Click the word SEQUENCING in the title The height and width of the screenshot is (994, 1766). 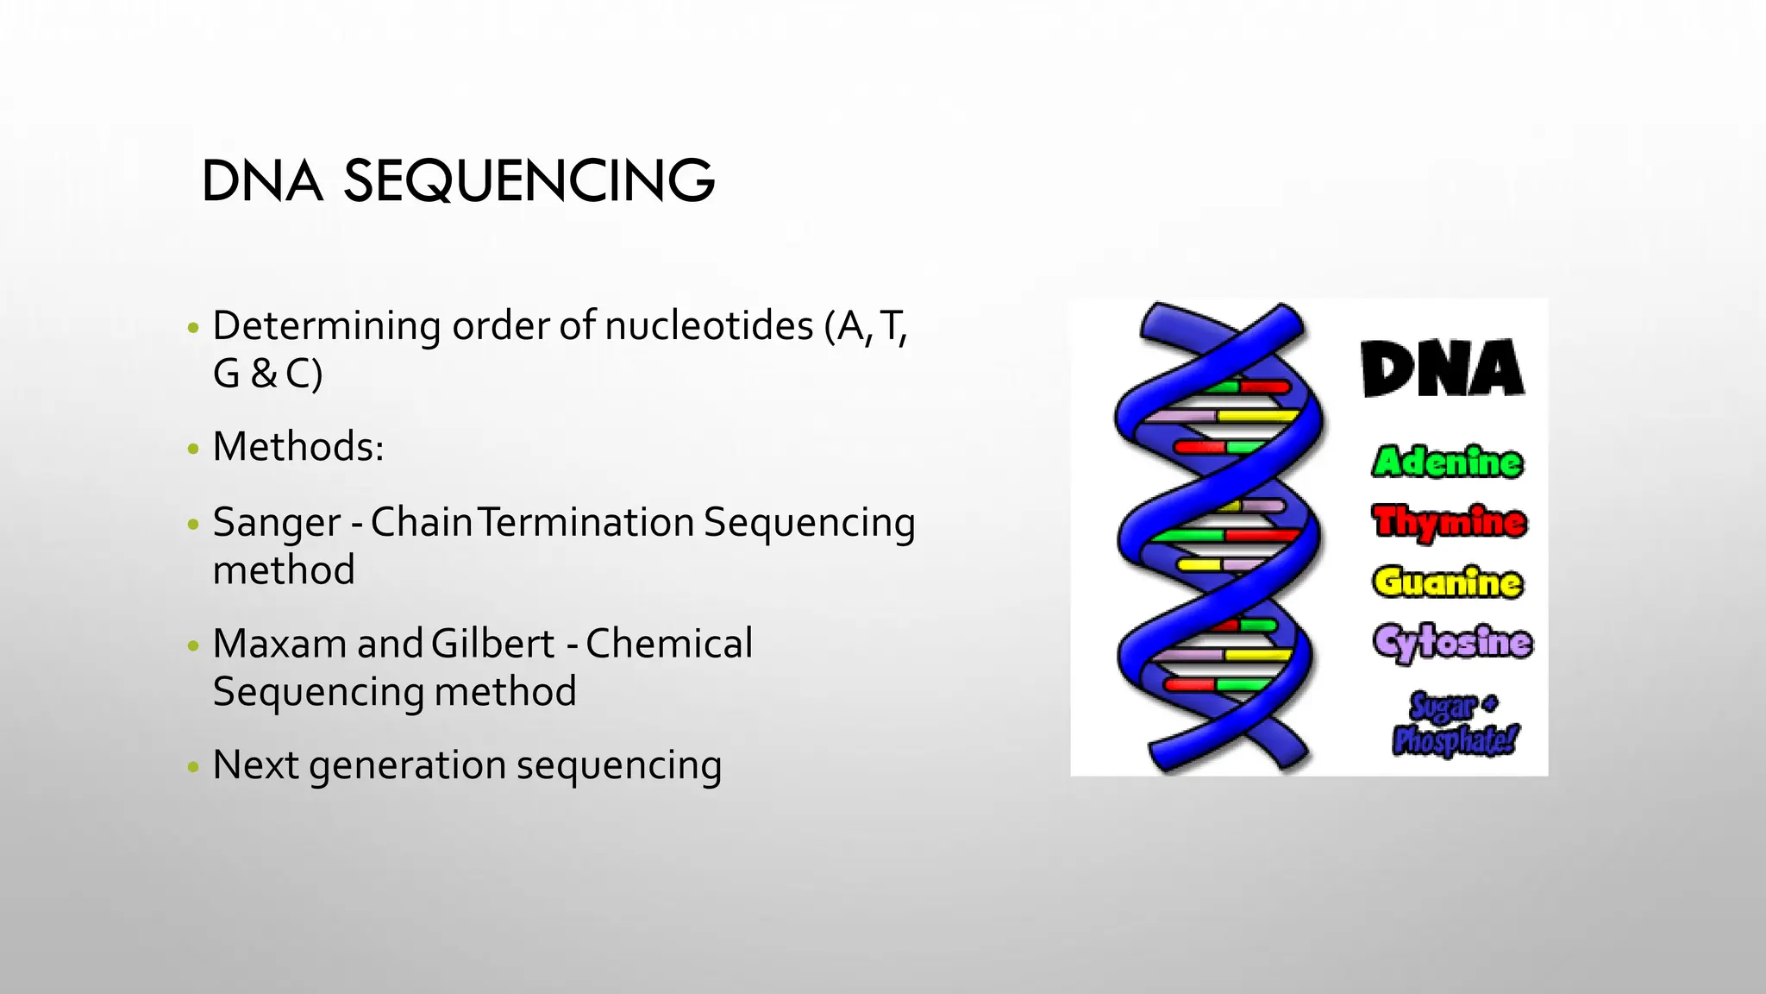point(529,182)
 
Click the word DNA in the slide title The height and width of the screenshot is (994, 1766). point(261,182)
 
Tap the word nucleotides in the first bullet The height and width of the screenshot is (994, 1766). point(708,326)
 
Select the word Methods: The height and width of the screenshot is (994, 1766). point(297,447)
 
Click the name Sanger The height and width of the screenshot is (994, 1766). point(276,523)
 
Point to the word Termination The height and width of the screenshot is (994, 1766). point(586,523)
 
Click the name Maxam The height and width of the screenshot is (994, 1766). point(279,644)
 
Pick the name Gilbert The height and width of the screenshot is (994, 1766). point(492,644)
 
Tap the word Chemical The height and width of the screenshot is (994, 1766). point(668,644)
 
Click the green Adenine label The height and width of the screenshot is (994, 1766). point(1447,462)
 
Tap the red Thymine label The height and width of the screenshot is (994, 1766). point(1449,522)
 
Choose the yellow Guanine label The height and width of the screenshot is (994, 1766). point(1447,582)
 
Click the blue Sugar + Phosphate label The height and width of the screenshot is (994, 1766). point(1455,724)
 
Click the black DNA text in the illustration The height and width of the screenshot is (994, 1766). point(1443,369)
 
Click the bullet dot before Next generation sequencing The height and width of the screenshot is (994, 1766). point(193,766)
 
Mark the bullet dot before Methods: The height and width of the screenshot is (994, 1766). point(193,448)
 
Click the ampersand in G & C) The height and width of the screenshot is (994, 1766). point(264,374)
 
